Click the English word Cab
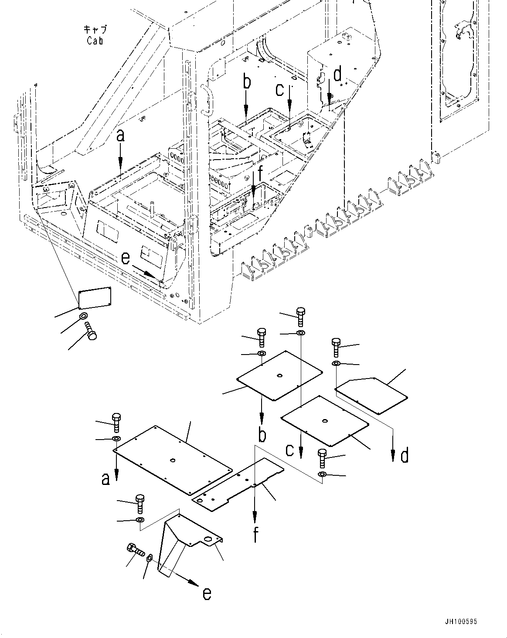pos(95,41)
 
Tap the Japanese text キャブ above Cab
pos(95,30)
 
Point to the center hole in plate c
pos(325,421)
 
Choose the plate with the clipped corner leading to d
pos(372,395)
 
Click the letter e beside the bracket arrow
pos(207,594)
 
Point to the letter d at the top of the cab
pos(337,75)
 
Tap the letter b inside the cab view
pos(247,82)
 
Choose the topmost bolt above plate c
pos(300,317)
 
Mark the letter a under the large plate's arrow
pos(105,479)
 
